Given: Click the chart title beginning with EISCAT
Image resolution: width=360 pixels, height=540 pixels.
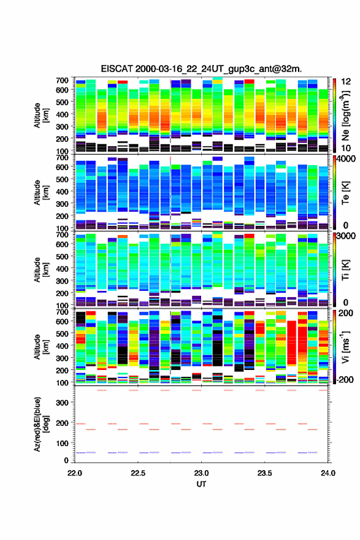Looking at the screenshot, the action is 201,69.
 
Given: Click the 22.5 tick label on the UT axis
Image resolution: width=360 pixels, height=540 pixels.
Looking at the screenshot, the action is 137,473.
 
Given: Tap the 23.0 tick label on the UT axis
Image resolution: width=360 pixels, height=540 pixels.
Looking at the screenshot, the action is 201,473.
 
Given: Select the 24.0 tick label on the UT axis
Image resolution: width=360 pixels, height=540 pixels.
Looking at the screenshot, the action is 328,473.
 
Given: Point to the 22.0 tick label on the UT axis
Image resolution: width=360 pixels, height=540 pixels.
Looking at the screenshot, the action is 75,473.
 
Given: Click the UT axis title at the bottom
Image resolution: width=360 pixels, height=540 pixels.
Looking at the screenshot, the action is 201,484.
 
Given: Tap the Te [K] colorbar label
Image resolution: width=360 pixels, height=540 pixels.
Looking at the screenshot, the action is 345,193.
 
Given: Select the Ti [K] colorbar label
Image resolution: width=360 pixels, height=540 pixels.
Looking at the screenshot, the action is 345,269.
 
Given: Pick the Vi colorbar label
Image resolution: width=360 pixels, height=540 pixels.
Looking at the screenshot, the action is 345,347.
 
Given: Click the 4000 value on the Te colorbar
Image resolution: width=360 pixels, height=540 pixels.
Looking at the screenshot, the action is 347,159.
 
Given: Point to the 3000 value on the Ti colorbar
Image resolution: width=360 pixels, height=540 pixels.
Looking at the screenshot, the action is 347,236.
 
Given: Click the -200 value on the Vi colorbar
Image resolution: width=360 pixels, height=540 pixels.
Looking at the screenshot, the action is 345,379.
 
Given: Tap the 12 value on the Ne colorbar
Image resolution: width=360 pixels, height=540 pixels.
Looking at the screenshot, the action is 346,82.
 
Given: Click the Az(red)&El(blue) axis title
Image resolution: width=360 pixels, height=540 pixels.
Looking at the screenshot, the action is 41,424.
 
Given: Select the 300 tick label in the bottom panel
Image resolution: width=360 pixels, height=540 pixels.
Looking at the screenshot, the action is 62,403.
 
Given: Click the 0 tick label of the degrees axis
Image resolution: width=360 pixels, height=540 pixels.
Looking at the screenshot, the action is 66,460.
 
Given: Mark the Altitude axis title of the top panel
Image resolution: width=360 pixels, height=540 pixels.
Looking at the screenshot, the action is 41,115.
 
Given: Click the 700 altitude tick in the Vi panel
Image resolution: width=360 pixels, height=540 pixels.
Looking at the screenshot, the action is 62,312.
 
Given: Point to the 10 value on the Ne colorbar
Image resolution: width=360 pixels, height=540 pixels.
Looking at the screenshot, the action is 346,148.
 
